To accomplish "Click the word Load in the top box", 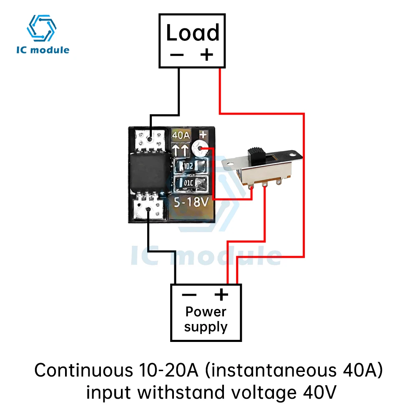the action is coord(193,33).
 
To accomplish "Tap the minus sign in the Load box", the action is coord(177,55).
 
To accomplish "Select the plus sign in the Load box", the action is coord(207,55).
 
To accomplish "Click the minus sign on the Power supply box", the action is coord(189,295).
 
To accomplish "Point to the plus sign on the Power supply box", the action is coord(221,294).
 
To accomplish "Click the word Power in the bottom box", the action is coord(206,312).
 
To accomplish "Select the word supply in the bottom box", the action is coord(206,327).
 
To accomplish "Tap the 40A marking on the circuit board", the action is coord(181,136).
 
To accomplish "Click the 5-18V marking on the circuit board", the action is coord(191,202).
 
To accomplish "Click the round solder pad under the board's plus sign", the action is coord(200,149).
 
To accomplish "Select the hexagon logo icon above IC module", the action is coord(41,28).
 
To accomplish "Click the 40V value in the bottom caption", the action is coord(320,392).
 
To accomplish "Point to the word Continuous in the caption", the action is coord(84,370).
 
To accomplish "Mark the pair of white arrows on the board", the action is coord(180,150).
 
